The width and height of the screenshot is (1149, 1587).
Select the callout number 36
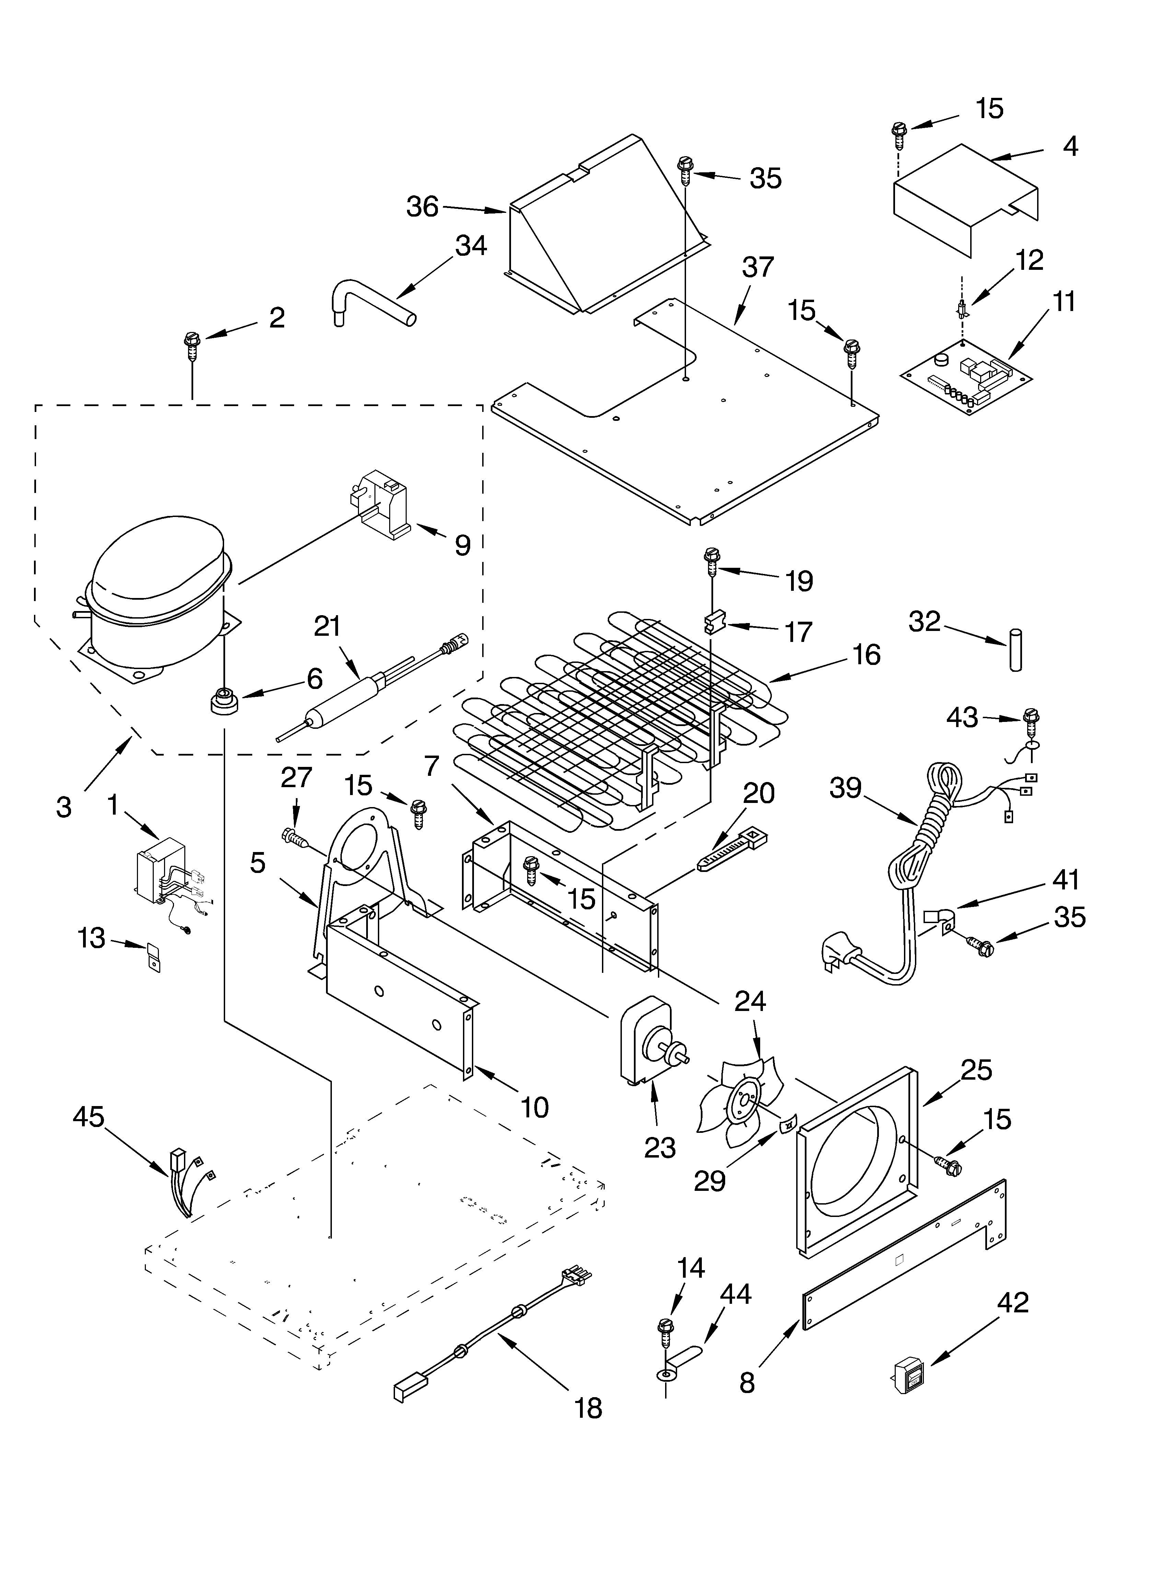click(423, 207)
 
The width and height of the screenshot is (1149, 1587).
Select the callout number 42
click(1012, 1302)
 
